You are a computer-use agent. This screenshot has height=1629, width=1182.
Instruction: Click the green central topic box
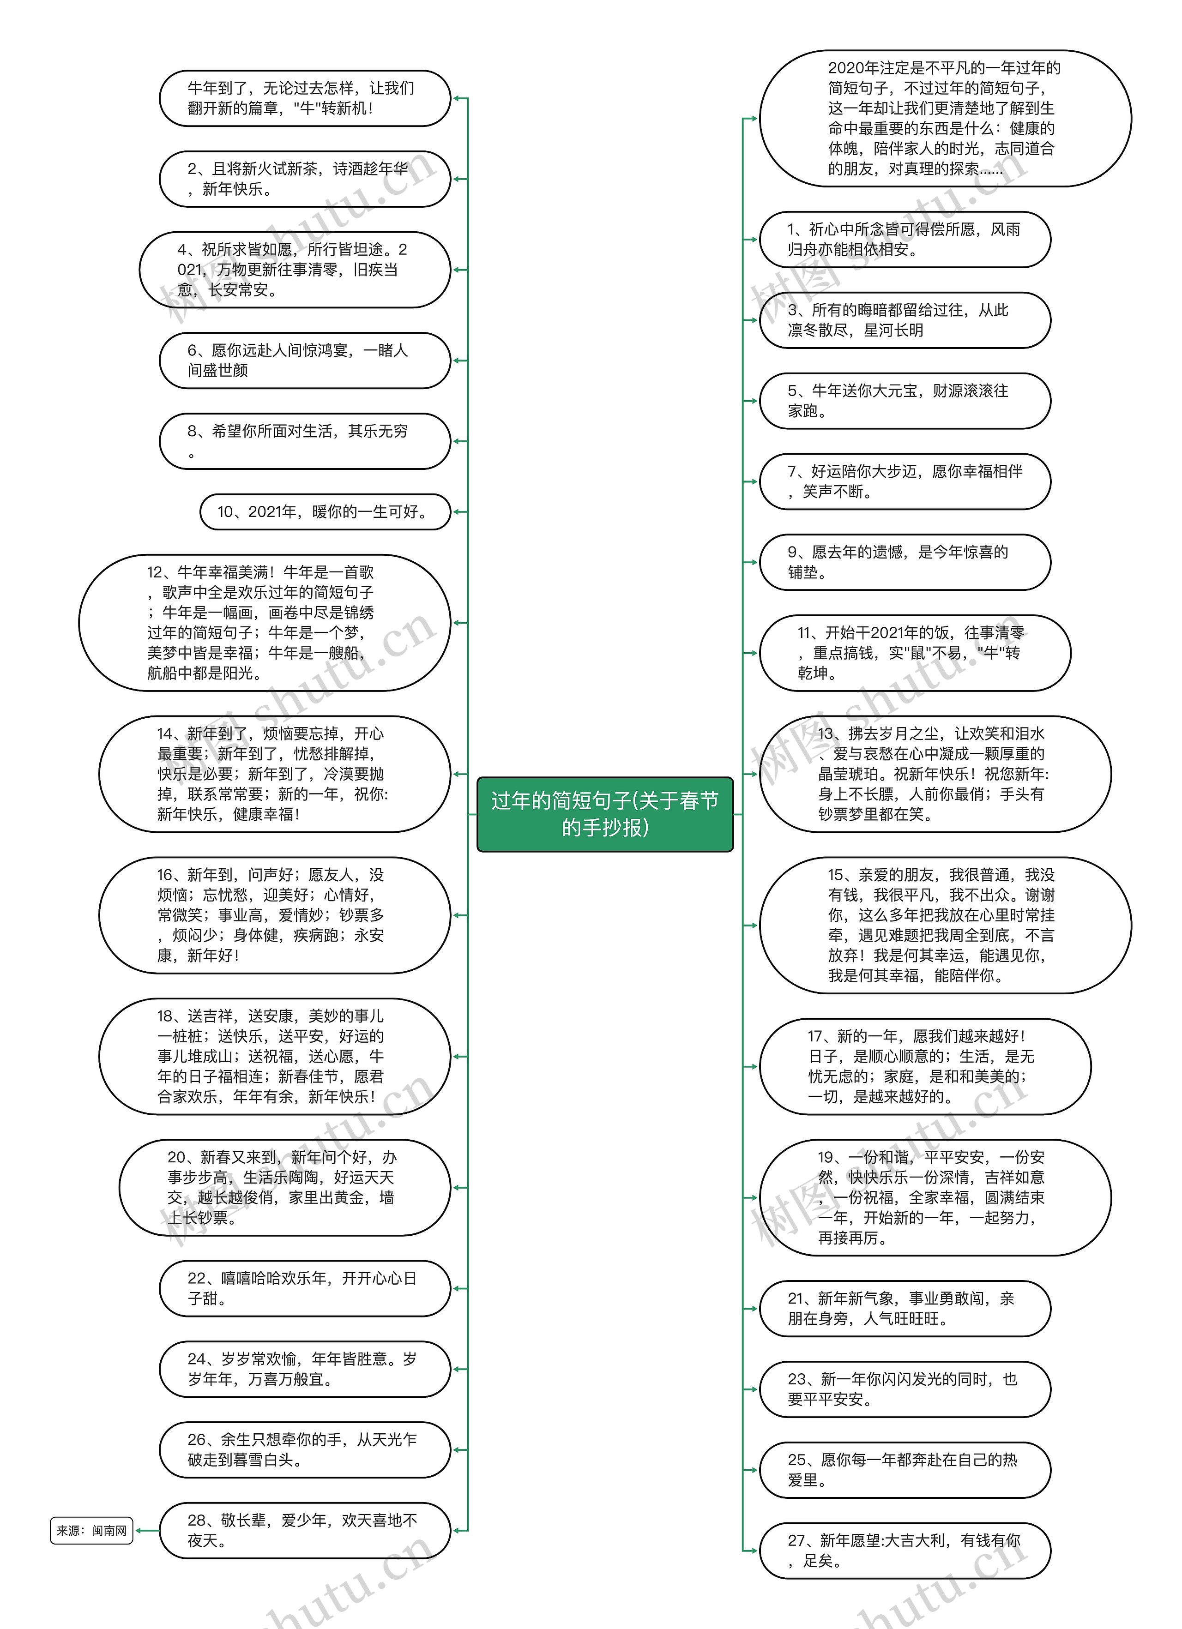(x=604, y=814)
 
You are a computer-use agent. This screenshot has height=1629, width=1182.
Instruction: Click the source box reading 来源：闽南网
(x=91, y=1531)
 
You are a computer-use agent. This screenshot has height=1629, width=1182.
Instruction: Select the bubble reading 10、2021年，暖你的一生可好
(x=325, y=512)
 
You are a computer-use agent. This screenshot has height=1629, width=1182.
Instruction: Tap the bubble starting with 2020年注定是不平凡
(x=945, y=119)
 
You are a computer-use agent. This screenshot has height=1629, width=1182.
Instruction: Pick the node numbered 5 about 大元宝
(x=905, y=401)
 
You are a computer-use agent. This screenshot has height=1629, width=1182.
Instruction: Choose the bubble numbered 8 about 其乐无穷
(x=305, y=441)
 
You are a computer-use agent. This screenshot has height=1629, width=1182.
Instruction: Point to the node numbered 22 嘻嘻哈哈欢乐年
(x=305, y=1288)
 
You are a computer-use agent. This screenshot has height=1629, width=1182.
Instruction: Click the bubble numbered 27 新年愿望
(x=905, y=1550)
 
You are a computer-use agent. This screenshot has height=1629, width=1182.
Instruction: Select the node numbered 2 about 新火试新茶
(x=305, y=179)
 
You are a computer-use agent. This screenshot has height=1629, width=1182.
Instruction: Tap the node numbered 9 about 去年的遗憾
(x=905, y=562)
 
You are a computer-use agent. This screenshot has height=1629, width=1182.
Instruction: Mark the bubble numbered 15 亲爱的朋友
(x=945, y=925)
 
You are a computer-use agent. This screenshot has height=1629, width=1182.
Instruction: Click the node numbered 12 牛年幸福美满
(x=265, y=623)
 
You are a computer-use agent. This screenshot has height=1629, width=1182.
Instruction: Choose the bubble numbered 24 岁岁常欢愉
(x=305, y=1369)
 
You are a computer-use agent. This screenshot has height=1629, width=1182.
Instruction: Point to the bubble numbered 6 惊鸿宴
(x=305, y=361)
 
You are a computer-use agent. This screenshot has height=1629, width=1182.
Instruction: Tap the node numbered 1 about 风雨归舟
(x=905, y=239)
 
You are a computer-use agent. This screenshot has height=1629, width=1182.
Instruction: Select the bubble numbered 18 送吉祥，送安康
(x=274, y=1057)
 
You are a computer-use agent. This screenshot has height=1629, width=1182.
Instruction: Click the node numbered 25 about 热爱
(x=905, y=1470)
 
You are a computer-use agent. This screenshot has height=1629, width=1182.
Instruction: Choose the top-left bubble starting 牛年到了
(x=305, y=98)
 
